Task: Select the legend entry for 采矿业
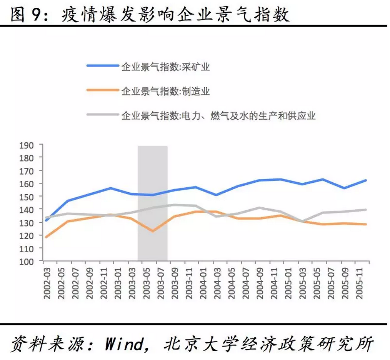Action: [x=165, y=67]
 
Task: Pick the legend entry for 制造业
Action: [x=165, y=91]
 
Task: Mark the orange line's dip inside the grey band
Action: [x=152, y=231]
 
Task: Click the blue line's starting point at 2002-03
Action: [x=47, y=220]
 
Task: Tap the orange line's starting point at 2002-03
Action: [x=47, y=237]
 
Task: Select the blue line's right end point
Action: [x=366, y=180]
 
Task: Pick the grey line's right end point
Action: [x=366, y=210]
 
